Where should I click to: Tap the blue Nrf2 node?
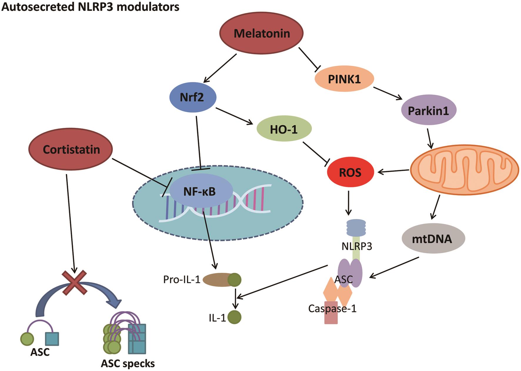coord(193,97)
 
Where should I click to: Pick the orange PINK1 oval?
coord(344,79)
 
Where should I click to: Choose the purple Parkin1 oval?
coord(428,111)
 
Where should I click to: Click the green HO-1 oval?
coord(284,129)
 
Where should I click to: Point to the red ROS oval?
coord(350,173)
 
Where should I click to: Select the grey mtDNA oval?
coord(433,238)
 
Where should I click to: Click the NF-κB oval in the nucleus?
coord(199,192)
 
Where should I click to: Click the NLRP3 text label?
coord(357,246)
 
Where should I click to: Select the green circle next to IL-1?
coord(234,317)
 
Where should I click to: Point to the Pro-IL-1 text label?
coord(181,280)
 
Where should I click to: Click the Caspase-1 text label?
coord(332,308)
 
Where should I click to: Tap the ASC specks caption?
coord(128,364)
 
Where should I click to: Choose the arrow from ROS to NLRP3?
coord(348,203)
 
